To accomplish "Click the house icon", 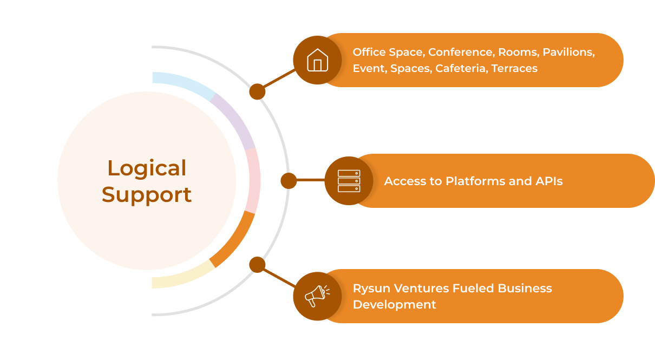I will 317,60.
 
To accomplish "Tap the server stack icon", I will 349,181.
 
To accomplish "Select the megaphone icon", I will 316,296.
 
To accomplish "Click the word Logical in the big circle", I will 147,168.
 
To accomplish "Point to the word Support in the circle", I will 147,194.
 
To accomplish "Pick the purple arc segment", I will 234,120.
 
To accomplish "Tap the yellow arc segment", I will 181,276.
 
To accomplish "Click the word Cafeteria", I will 461,68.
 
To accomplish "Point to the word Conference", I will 461,52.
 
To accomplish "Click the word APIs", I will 547,181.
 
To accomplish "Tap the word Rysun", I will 370,288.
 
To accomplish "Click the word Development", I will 394,304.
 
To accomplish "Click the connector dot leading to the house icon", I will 257,91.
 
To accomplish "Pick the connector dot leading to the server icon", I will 289,181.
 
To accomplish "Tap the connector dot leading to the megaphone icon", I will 257,265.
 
